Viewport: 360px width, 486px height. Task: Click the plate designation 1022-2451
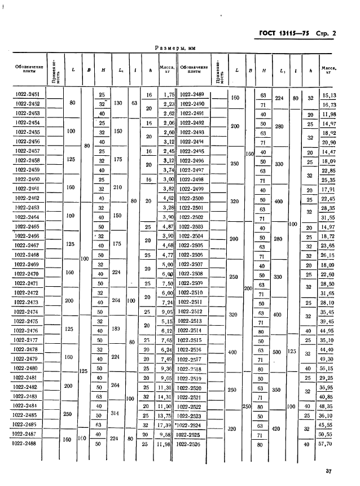(x=28, y=94)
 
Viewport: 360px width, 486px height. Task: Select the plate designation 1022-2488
(x=28, y=444)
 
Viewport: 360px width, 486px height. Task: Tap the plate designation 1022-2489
(x=191, y=94)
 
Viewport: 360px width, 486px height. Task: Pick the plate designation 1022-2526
(x=191, y=444)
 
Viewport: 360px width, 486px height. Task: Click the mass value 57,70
(x=328, y=444)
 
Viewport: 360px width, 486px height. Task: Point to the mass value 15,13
(x=328, y=95)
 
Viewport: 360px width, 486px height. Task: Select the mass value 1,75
(x=168, y=95)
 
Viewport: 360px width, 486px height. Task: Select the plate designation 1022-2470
(x=28, y=274)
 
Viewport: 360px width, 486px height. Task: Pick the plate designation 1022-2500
(x=191, y=198)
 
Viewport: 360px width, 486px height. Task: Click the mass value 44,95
(x=328, y=331)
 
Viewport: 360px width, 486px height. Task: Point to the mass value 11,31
(x=167, y=387)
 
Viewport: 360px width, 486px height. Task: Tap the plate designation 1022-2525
(x=191, y=435)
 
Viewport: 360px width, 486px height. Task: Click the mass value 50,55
(x=328, y=435)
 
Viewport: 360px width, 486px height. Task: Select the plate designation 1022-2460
(x=28, y=179)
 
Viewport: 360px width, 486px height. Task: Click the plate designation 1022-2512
(x=191, y=312)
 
